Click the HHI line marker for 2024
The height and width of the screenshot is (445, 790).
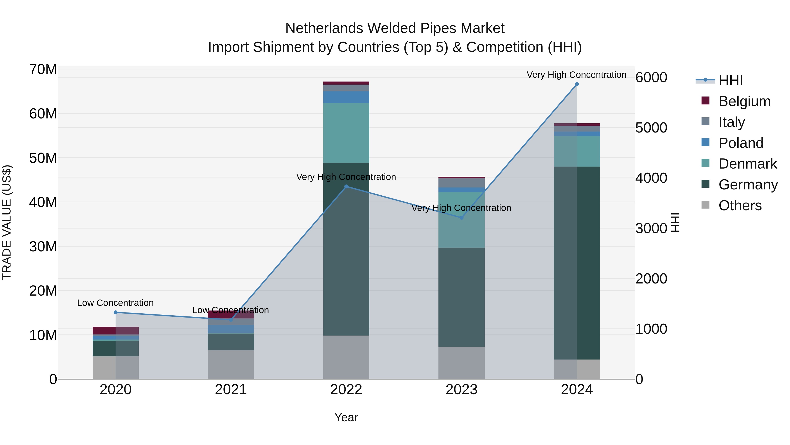tap(576, 84)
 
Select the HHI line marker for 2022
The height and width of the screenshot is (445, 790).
tap(346, 186)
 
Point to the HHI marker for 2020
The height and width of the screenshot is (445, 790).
tap(116, 312)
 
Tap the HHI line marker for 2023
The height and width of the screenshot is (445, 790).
tap(461, 218)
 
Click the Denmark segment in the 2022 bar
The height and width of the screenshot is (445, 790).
tap(346, 133)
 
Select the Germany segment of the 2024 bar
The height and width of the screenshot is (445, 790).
tap(576, 263)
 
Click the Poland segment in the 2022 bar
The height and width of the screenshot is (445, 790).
tap(346, 97)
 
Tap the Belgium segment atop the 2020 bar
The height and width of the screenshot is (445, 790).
tap(116, 331)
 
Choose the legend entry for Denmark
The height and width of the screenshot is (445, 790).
tap(747, 164)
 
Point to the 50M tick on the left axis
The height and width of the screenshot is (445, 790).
tap(43, 158)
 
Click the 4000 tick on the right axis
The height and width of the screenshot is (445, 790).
tap(651, 178)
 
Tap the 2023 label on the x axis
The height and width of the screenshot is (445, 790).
tap(461, 390)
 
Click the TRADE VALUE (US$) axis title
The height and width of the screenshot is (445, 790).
tap(7, 222)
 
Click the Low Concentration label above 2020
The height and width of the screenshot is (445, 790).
tap(115, 303)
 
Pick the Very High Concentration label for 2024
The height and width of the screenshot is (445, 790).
tap(576, 75)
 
